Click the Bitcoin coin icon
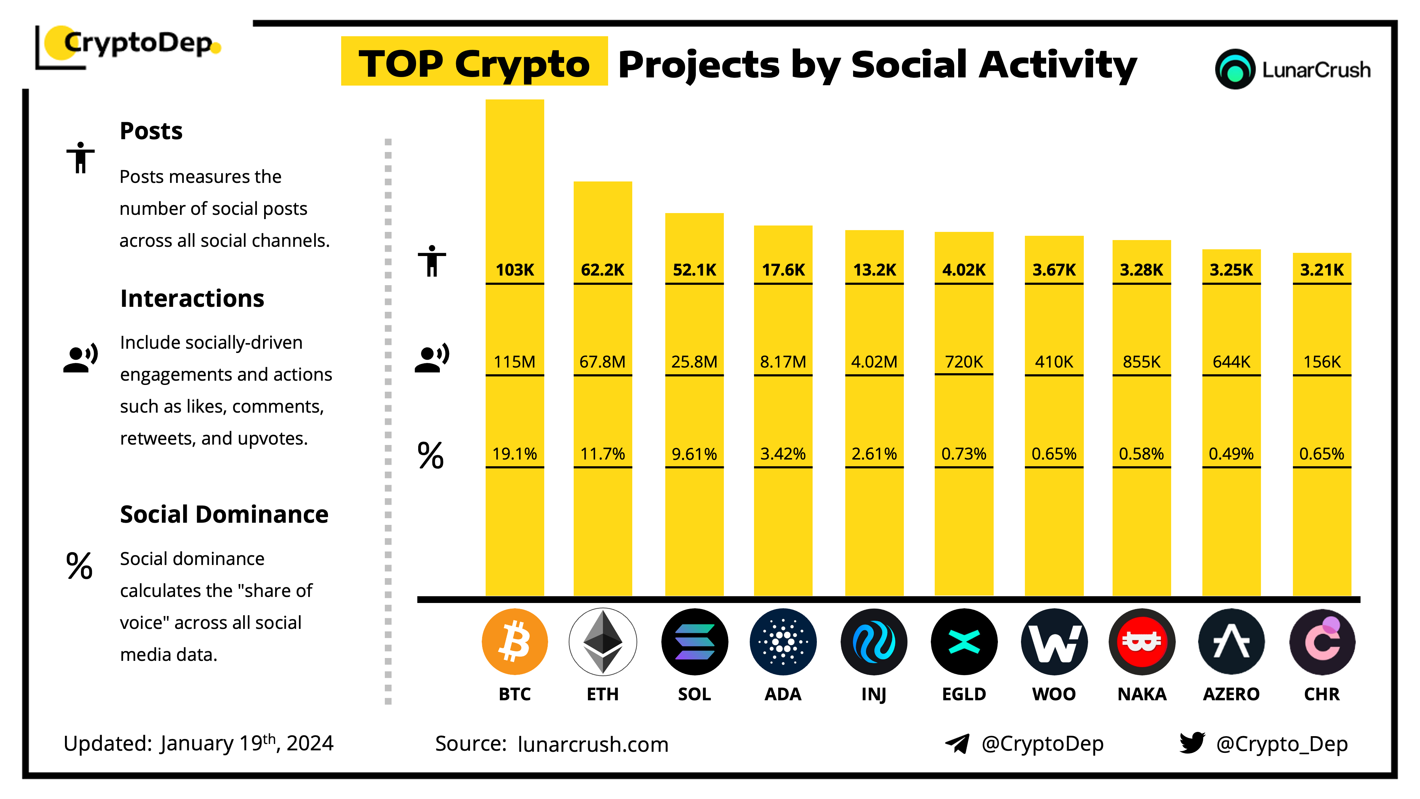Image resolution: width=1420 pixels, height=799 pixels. [x=514, y=641]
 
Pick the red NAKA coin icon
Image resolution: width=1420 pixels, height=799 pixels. [x=1142, y=641]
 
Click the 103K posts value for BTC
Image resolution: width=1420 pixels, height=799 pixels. [x=514, y=270]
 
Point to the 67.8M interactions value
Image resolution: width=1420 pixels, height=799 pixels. [x=602, y=362]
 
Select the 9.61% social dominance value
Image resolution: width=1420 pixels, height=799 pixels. [x=694, y=454]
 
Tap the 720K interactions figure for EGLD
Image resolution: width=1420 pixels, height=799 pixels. [x=963, y=362]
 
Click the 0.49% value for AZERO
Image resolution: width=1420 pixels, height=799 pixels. [x=1231, y=454]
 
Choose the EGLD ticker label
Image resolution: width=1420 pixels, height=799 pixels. [x=963, y=694]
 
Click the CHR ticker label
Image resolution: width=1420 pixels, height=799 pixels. [x=1321, y=694]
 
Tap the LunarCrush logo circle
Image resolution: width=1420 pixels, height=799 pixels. [x=1235, y=70]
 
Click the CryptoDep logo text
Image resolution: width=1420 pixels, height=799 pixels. [x=138, y=43]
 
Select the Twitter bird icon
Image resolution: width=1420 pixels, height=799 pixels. [x=1192, y=743]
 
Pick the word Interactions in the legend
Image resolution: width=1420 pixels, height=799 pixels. [x=192, y=298]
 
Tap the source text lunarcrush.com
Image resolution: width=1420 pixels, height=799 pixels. [x=592, y=744]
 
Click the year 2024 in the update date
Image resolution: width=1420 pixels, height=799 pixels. [x=310, y=743]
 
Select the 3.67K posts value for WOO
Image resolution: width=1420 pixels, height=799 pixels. [x=1053, y=270]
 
